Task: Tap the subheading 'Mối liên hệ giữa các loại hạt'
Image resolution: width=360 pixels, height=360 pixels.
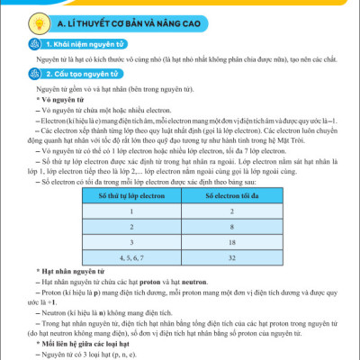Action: (x=82, y=343)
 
